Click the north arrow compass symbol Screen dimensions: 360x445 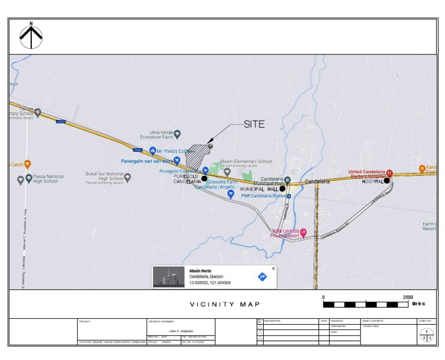tap(31, 36)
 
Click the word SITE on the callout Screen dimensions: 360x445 tap(254, 124)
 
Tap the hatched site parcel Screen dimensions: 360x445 tap(196, 155)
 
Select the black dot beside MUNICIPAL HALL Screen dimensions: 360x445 tap(283, 189)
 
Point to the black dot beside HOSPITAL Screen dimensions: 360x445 tap(386, 181)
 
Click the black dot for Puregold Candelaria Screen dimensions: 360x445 tap(204, 178)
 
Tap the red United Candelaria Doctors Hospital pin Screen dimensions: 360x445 tap(389, 172)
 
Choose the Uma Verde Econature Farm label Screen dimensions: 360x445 tap(157, 135)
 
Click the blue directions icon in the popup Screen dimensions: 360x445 tap(262, 277)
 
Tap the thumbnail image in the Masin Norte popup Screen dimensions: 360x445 tap(169, 277)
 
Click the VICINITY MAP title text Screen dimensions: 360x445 tap(225, 304)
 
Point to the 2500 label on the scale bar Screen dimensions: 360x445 tap(408, 297)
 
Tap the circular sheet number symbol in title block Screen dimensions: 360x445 tap(426, 335)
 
